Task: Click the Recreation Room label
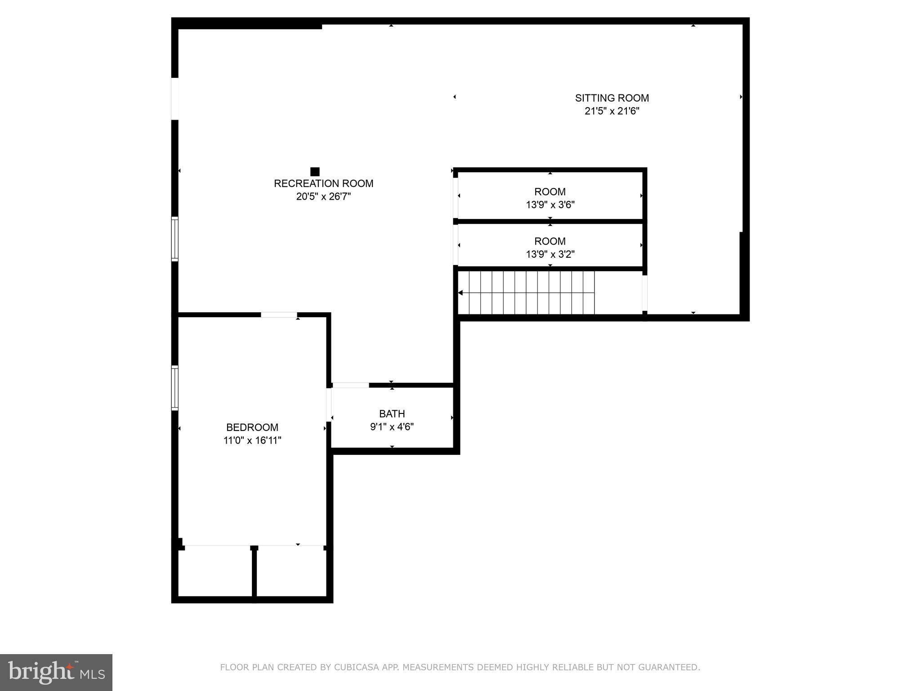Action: pos(323,184)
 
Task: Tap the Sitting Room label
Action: pos(612,98)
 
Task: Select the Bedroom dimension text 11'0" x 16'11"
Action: pos(252,440)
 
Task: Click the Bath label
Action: pos(392,414)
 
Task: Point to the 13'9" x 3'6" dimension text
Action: pos(550,205)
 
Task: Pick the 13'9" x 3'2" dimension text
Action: pos(550,255)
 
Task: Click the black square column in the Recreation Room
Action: pos(315,171)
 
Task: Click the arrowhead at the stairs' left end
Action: pos(460,293)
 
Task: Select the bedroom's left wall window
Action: pos(175,388)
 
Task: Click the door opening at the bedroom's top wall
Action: pos(279,315)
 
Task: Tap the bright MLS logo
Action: pos(56,672)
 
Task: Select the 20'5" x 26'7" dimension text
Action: pos(323,197)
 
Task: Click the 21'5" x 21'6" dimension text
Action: pos(612,111)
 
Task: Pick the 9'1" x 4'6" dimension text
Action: pos(392,427)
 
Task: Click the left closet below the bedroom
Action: pos(215,572)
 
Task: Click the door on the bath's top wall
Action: pos(350,385)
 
